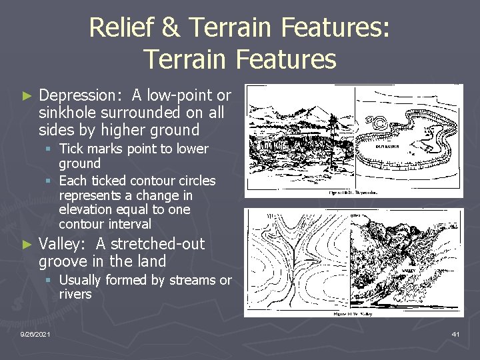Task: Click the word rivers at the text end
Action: coord(75,294)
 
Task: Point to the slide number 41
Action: coord(455,333)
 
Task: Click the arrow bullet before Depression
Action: coord(27,97)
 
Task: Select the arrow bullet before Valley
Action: coord(27,245)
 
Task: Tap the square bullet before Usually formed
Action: coord(51,281)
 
